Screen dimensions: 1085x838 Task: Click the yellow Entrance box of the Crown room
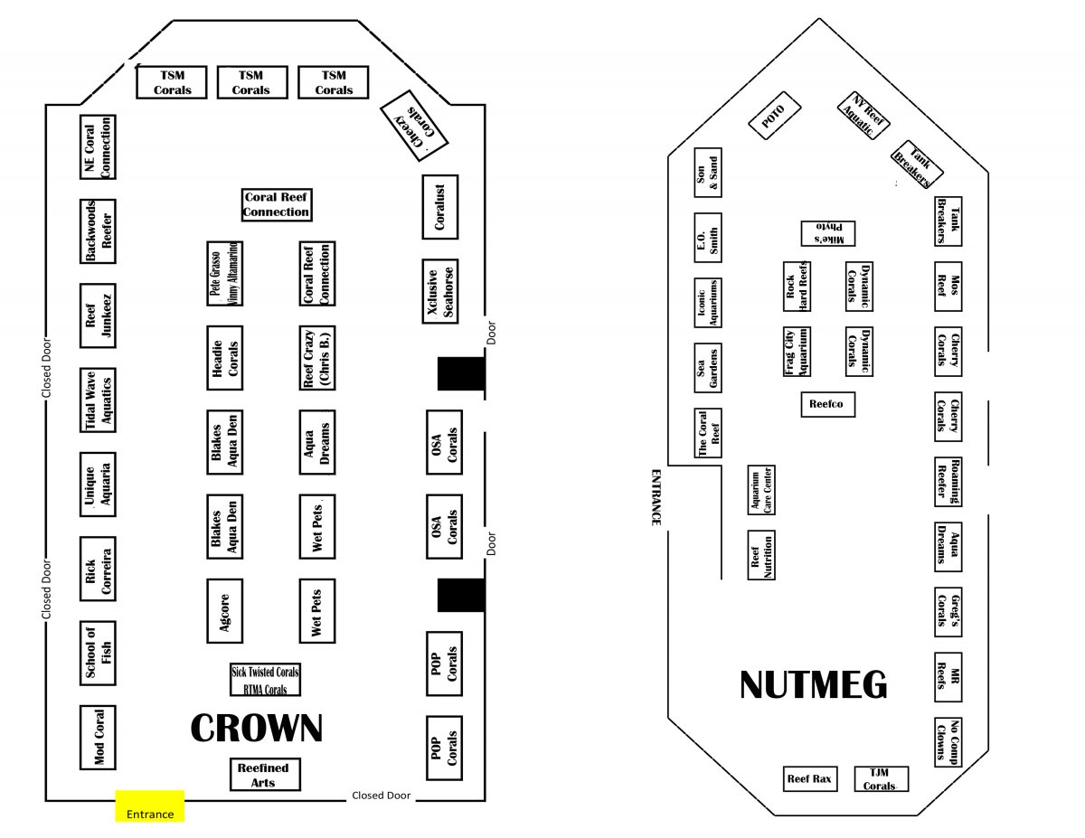pos(150,805)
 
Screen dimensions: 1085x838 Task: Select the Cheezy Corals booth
pos(414,126)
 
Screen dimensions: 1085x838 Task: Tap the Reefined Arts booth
pos(265,775)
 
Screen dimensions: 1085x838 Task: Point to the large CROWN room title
pos(257,728)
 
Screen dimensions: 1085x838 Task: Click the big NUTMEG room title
pos(814,685)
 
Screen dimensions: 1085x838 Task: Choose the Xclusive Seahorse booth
pos(440,291)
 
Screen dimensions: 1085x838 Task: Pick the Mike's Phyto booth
pos(828,233)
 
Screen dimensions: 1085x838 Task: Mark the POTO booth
pos(775,117)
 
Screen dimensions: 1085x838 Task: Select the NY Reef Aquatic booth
pos(863,116)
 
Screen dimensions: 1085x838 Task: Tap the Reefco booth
pos(828,404)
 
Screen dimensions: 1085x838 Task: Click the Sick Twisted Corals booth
pos(265,679)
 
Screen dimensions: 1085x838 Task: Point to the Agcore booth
pos(225,611)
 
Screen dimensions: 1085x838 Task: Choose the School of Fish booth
pos(98,653)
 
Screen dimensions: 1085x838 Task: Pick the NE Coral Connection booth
pos(98,147)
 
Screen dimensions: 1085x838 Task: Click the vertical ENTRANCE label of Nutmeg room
pos(656,497)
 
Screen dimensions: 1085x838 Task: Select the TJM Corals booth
pos(882,779)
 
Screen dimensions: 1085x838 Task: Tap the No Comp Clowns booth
pos(948,742)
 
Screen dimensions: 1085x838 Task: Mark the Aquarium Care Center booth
pos(761,490)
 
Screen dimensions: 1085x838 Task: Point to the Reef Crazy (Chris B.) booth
pos(317,358)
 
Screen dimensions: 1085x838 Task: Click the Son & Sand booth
pos(708,173)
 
